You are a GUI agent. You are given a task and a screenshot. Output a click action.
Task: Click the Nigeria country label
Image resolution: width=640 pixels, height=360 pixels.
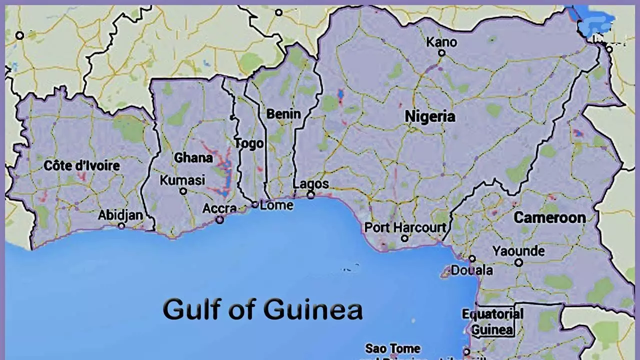tap(430, 116)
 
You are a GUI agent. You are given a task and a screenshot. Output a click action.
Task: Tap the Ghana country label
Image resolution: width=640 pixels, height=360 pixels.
tap(193, 157)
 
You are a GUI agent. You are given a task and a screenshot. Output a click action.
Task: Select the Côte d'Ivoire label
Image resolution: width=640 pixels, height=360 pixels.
tap(82, 165)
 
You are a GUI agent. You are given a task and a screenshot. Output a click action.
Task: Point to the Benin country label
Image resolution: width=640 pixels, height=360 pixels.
tap(283, 114)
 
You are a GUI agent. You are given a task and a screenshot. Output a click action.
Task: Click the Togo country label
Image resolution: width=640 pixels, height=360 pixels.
tap(249, 144)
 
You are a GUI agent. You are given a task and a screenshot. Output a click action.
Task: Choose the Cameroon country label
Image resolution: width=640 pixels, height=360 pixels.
tap(549, 217)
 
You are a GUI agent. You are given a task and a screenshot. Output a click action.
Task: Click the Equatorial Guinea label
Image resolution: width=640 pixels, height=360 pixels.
tap(492, 322)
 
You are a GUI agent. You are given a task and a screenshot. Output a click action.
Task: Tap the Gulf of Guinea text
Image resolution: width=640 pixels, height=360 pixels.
tap(262, 309)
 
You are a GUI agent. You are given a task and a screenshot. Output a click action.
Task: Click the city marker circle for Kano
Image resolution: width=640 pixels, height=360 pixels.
tap(441, 53)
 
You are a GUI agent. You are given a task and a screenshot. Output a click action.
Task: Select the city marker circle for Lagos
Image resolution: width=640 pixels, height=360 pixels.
tap(310, 195)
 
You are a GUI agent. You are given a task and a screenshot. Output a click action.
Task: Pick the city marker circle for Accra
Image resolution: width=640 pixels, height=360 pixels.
tap(219, 219)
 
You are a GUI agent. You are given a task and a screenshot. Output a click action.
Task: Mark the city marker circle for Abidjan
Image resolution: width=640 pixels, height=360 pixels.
tap(121, 226)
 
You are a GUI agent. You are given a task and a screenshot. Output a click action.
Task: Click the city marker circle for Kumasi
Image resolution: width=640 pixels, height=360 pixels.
tap(183, 191)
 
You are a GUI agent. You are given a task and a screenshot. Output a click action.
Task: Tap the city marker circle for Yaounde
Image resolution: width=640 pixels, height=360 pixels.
tap(519, 262)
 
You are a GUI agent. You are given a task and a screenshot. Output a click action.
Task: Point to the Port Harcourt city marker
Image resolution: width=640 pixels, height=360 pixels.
tap(404, 238)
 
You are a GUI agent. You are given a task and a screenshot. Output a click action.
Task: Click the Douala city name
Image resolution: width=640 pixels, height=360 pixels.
tap(471, 270)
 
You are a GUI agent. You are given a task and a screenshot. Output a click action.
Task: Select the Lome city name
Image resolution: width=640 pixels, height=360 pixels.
tap(276, 205)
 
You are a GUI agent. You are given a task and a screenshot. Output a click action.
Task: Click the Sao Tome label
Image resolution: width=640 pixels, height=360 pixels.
tap(393, 348)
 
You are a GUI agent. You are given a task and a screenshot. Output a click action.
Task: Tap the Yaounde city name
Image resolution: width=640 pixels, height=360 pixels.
tap(518, 250)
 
